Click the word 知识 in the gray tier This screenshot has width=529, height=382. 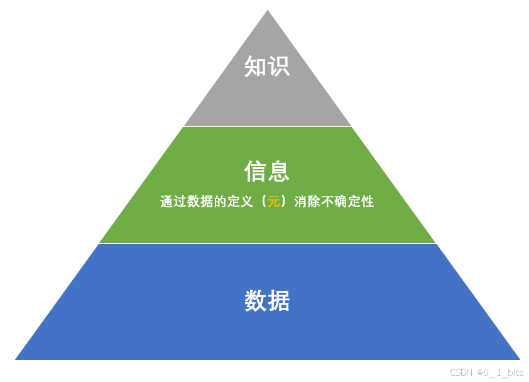tap(267, 66)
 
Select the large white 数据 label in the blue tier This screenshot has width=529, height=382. tap(267, 302)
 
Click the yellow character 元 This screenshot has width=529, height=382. tap(273, 202)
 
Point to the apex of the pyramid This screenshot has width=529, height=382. tap(268, 11)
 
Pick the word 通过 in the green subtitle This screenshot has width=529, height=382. tap(172, 202)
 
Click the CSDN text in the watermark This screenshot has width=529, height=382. tap(461, 373)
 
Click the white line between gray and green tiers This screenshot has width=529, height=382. tap(268, 126)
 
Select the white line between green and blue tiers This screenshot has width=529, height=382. tap(268, 243)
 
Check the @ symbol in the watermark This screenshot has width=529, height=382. tap(479, 373)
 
